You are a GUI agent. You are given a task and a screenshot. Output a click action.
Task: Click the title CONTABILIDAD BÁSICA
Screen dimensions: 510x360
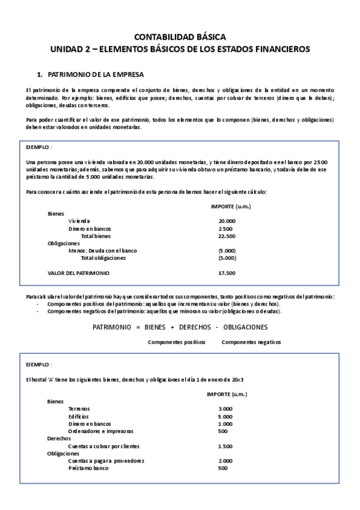180,37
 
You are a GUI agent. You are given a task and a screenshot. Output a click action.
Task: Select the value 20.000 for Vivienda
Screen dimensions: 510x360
227,221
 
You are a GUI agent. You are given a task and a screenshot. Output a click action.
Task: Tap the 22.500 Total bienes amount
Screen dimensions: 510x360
227,236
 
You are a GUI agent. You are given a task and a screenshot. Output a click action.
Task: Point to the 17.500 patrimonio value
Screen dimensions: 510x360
227,273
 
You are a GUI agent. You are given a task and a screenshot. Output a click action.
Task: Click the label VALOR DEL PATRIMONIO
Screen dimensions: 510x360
79,273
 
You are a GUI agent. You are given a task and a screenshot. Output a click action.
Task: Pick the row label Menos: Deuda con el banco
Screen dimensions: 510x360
102,251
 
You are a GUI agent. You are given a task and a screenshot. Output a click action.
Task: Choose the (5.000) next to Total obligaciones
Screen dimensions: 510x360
227,258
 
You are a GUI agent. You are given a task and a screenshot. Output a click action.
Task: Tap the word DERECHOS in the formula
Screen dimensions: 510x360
199,327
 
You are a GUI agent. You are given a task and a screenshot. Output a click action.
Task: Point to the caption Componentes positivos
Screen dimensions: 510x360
176,342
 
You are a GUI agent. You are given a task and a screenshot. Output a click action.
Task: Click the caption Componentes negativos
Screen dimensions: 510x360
251,342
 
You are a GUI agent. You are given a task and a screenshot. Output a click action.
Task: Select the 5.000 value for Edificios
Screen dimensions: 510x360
225,416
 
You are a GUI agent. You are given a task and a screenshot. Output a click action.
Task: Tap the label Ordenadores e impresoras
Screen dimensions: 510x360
101,431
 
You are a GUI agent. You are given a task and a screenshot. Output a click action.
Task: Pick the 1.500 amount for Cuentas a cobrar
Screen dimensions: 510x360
225,446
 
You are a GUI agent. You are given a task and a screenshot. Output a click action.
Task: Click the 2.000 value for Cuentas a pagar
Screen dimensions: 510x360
225,461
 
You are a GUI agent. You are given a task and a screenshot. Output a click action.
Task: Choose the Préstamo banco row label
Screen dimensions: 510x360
88,468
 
